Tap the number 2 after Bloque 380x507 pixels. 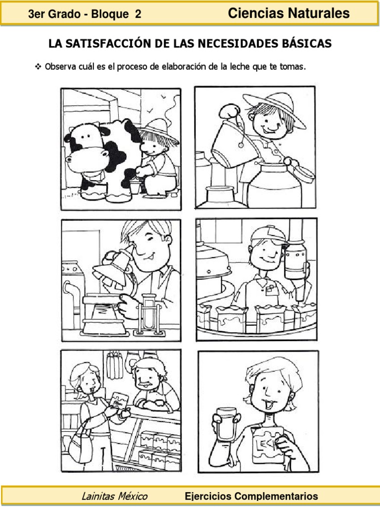tap(138, 14)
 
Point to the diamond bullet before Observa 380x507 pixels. tap(38, 67)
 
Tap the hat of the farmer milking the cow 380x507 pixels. tap(158, 130)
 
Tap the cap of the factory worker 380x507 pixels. tap(269, 234)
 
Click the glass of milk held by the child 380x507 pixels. tap(227, 424)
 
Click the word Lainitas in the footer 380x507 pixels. tap(97, 496)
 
